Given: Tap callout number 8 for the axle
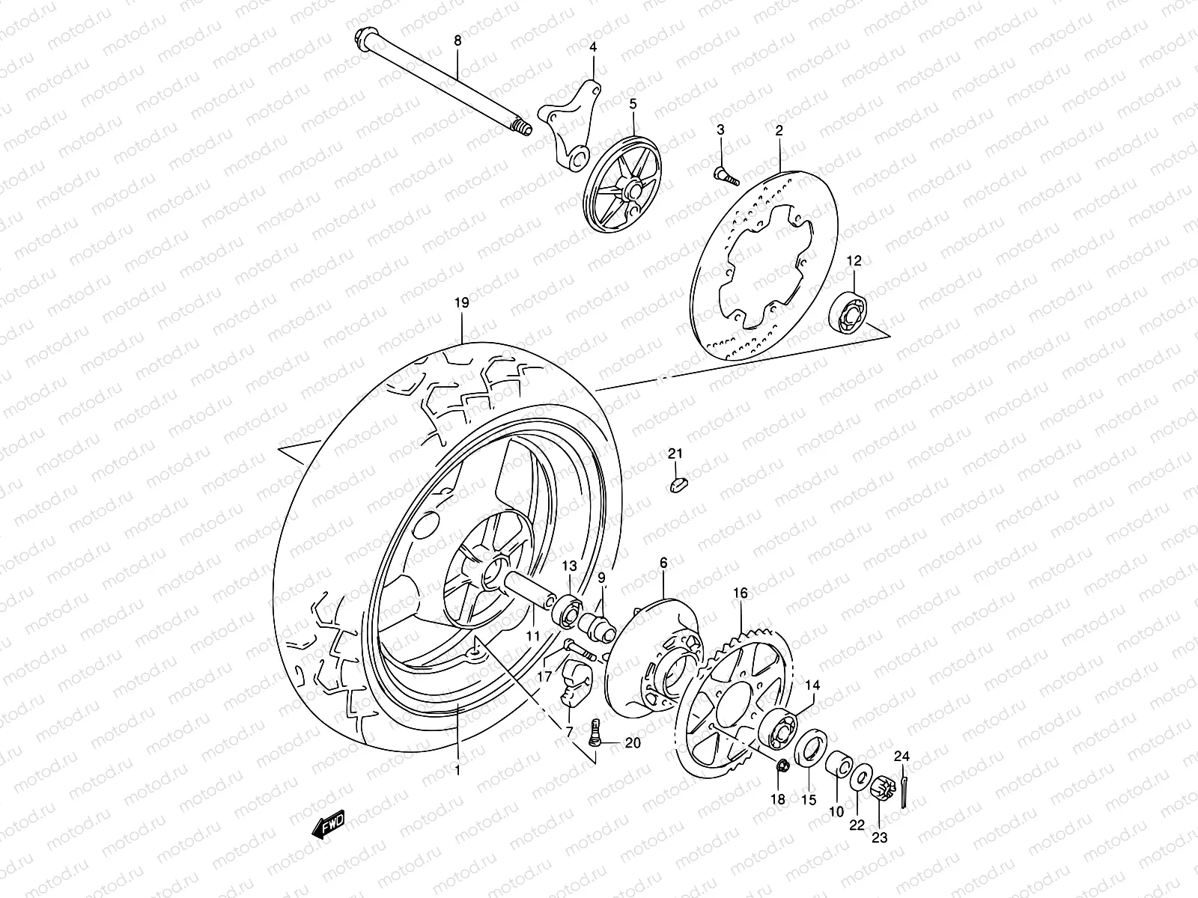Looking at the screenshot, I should coord(458,42).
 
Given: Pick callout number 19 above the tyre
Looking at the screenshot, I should coord(461,303).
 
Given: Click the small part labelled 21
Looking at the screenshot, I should coord(678,484).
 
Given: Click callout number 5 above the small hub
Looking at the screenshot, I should coord(633,104).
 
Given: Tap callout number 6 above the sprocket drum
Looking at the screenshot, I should coord(663,562).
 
